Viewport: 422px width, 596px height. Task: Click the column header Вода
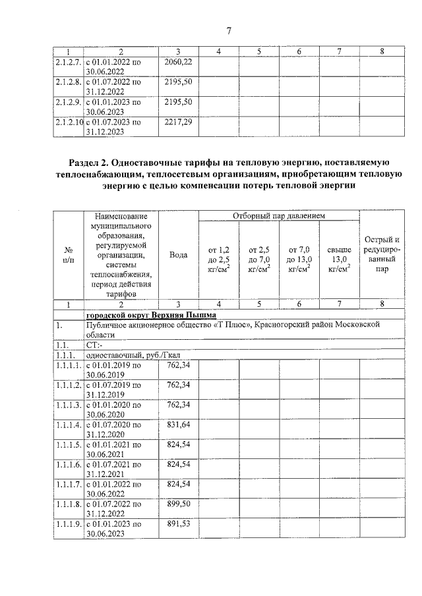[179, 255]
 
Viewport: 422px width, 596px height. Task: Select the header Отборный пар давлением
[279, 216]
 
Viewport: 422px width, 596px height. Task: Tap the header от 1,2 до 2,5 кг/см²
[219, 259]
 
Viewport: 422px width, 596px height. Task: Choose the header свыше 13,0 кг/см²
[339, 259]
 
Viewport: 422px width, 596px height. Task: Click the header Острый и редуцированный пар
[382, 254]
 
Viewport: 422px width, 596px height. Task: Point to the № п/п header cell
[68, 255]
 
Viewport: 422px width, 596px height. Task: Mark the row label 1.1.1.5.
[68, 445]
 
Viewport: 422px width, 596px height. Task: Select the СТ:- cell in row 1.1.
[94, 344]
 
